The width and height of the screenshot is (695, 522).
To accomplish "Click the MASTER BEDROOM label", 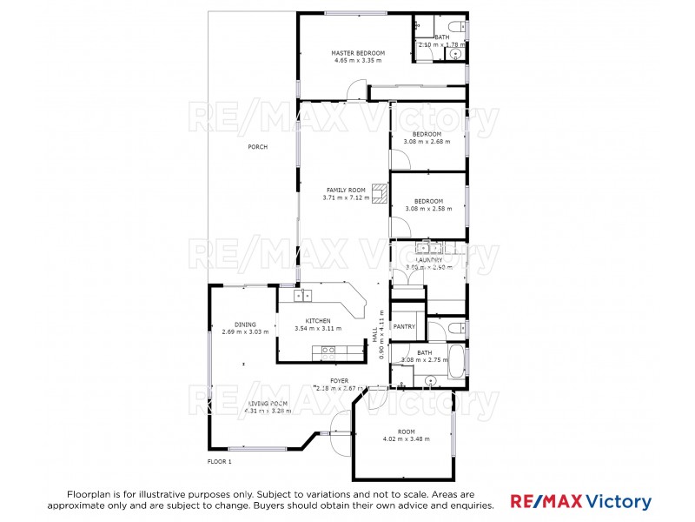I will [x=358, y=53].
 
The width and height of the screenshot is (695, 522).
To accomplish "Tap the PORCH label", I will [x=257, y=147].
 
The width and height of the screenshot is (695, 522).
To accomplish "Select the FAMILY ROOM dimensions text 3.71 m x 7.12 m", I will [x=346, y=197].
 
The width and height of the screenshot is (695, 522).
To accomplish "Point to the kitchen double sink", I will [x=302, y=296].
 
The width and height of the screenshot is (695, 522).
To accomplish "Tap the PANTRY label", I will [x=405, y=327].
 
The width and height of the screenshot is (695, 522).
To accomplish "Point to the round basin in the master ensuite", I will [x=454, y=53].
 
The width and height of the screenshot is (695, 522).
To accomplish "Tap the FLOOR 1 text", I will [x=219, y=461].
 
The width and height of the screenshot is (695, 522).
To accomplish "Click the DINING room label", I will [x=233, y=325].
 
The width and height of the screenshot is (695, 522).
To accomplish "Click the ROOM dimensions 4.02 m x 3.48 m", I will [x=407, y=439].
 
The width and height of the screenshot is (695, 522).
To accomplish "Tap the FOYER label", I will [x=339, y=380].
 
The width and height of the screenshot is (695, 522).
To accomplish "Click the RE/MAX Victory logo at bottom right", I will [x=579, y=502].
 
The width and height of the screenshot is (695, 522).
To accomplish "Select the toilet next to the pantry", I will [x=456, y=329].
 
